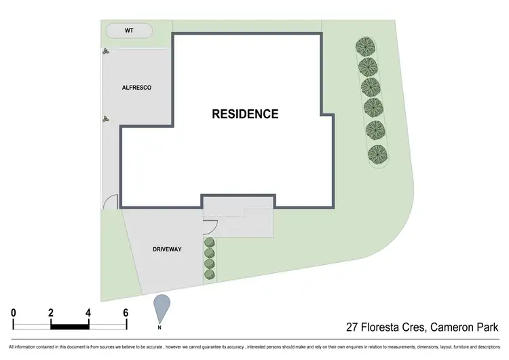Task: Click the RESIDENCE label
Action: [x=245, y=114]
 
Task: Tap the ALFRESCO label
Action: [x=136, y=88]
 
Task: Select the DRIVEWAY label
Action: [x=166, y=249]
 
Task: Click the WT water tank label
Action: [x=128, y=31]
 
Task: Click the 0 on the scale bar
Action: [x=14, y=312]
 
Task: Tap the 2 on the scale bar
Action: [x=51, y=312]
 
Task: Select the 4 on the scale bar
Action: [x=88, y=312]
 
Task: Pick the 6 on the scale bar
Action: [x=126, y=312]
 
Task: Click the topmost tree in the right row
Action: [x=367, y=47]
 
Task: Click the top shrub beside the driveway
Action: [x=210, y=242]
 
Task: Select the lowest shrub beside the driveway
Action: [x=210, y=274]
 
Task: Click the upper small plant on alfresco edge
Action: [x=105, y=52]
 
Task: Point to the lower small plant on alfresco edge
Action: [x=105, y=118]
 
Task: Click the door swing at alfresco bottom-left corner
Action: [x=111, y=201]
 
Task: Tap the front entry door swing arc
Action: [x=210, y=227]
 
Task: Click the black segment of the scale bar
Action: [x=70, y=325]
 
